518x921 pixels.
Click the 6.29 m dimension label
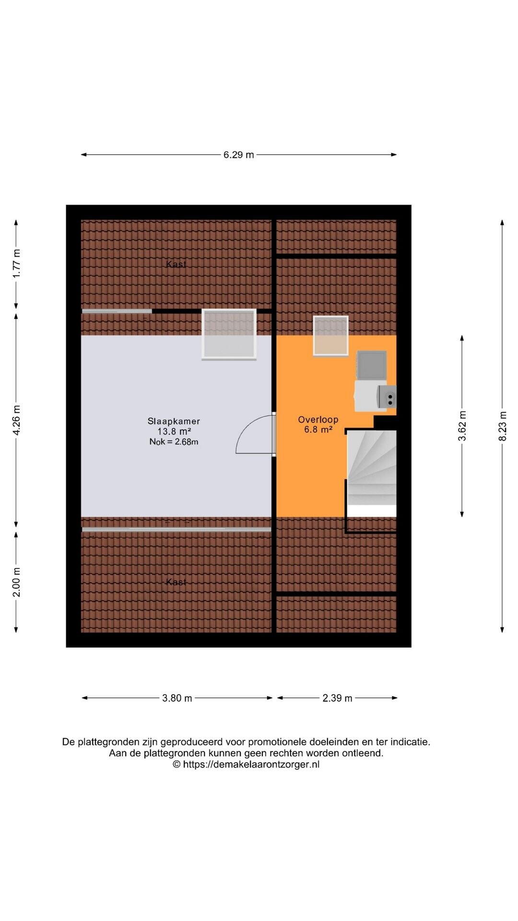coord(238,154)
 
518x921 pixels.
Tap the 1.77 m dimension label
coord(16,263)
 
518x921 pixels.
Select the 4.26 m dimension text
coord(16,420)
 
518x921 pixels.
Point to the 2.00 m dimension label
coord(16,582)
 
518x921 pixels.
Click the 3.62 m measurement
coord(462,425)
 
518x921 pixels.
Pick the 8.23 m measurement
coord(502,426)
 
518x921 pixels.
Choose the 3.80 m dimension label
coord(177,698)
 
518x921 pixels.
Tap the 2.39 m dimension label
coord(337,698)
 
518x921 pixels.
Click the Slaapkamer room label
coord(174,421)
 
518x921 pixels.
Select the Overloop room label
coord(318,420)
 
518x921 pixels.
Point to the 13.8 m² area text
coord(174,432)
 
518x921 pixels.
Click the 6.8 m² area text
coord(318,430)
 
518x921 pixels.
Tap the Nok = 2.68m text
coord(174,442)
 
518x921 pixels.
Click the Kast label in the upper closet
coord(176,264)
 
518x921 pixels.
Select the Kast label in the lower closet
coord(176,582)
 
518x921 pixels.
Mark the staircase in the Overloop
coord(372,468)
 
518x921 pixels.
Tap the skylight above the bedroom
coord(229,334)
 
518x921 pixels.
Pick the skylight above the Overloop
coord(331,336)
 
